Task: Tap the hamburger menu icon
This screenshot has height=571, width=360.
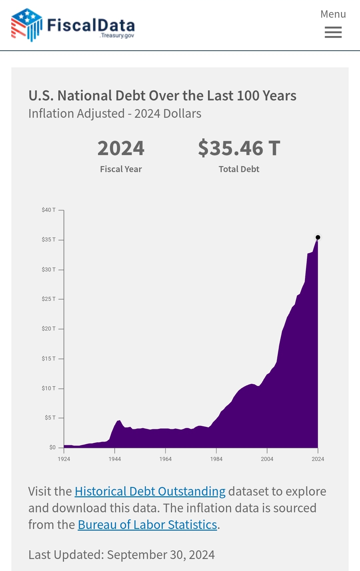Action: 333,32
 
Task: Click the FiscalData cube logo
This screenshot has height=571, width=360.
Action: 26,25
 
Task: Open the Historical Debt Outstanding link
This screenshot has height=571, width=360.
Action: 150,491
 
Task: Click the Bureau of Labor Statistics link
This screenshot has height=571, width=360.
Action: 148,525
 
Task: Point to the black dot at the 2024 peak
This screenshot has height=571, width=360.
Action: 318,237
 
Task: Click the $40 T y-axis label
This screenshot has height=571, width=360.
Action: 49,210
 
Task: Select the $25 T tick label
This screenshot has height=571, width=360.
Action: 49,299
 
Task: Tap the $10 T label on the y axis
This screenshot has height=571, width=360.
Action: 49,388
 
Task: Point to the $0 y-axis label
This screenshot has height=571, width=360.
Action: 52,447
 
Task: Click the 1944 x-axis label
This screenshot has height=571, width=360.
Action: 115,459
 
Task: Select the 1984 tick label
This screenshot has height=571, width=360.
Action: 216,459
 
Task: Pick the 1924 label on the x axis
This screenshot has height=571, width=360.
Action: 64,459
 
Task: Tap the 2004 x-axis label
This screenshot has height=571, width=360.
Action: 267,459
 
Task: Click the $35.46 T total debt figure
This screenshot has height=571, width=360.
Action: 239,148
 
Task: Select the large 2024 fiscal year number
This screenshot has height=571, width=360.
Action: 121,148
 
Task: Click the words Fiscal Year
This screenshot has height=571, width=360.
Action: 121,169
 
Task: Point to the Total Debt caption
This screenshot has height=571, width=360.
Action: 239,169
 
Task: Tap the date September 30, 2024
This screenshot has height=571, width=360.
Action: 161,555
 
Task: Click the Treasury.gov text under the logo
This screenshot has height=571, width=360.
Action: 117,35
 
